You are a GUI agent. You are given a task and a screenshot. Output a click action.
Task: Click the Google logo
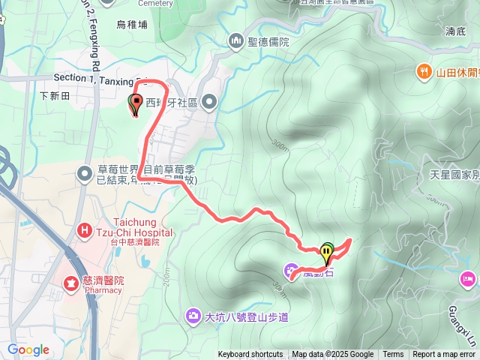(28, 349)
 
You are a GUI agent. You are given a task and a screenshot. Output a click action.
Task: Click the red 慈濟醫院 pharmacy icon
(70, 283)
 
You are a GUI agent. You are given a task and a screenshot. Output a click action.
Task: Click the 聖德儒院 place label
(268, 40)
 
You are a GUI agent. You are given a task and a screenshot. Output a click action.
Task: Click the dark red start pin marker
(136, 104)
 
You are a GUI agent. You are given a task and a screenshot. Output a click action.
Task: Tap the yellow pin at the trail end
(327, 252)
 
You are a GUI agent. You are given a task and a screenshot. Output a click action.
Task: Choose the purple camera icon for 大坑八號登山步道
(193, 314)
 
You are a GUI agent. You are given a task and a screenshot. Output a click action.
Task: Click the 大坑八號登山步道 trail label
(247, 315)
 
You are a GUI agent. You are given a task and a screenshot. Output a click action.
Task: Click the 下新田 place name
(54, 96)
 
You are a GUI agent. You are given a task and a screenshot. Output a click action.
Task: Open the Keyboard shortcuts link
(250, 355)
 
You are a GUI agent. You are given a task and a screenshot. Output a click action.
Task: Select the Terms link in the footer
(393, 355)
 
